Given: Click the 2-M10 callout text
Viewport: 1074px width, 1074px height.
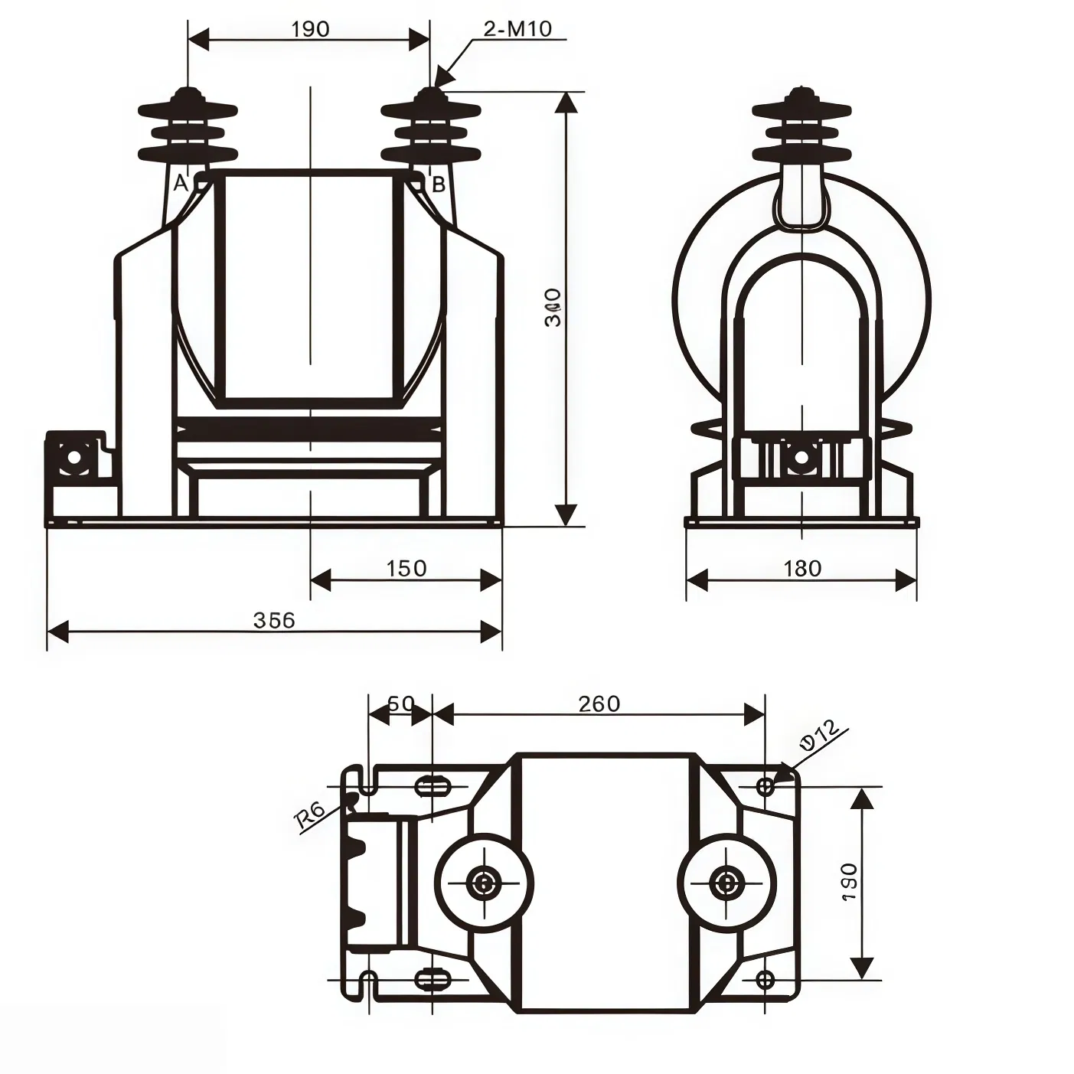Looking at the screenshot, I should [x=517, y=29].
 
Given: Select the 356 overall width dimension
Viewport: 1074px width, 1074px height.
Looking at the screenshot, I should [x=274, y=619].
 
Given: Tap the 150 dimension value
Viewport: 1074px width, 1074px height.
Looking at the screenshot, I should [x=406, y=568].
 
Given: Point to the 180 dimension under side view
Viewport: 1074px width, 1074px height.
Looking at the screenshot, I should [x=801, y=568].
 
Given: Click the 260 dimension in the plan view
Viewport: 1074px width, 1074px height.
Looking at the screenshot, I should [x=599, y=703].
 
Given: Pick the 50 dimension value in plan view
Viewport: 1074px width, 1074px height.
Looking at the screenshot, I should [x=400, y=703].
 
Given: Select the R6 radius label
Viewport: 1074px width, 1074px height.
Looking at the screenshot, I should [x=310, y=816].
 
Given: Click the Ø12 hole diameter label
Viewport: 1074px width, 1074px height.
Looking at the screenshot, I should [x=820, y=736].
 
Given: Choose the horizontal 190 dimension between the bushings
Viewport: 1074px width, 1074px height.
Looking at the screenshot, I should [x=310, y=29].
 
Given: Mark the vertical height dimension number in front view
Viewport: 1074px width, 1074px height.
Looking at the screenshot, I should [x=553, y=308].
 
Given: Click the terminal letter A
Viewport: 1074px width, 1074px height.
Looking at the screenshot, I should [x=181, y=184].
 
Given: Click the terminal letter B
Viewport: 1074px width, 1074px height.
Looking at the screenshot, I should [x=439, y=184].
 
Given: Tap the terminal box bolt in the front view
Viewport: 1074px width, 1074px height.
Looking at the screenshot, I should [x=74, y=457].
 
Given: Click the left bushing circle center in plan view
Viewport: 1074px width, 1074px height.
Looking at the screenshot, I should [x=484, y=883].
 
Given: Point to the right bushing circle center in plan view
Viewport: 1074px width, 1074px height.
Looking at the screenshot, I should [x=725, y=883].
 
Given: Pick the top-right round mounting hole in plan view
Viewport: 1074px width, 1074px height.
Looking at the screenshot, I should [x=765, y=786].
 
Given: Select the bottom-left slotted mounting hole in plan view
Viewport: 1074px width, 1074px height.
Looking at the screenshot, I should [x=432, y=979].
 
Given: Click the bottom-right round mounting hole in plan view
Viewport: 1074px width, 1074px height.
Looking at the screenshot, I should [x=765, y=979].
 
